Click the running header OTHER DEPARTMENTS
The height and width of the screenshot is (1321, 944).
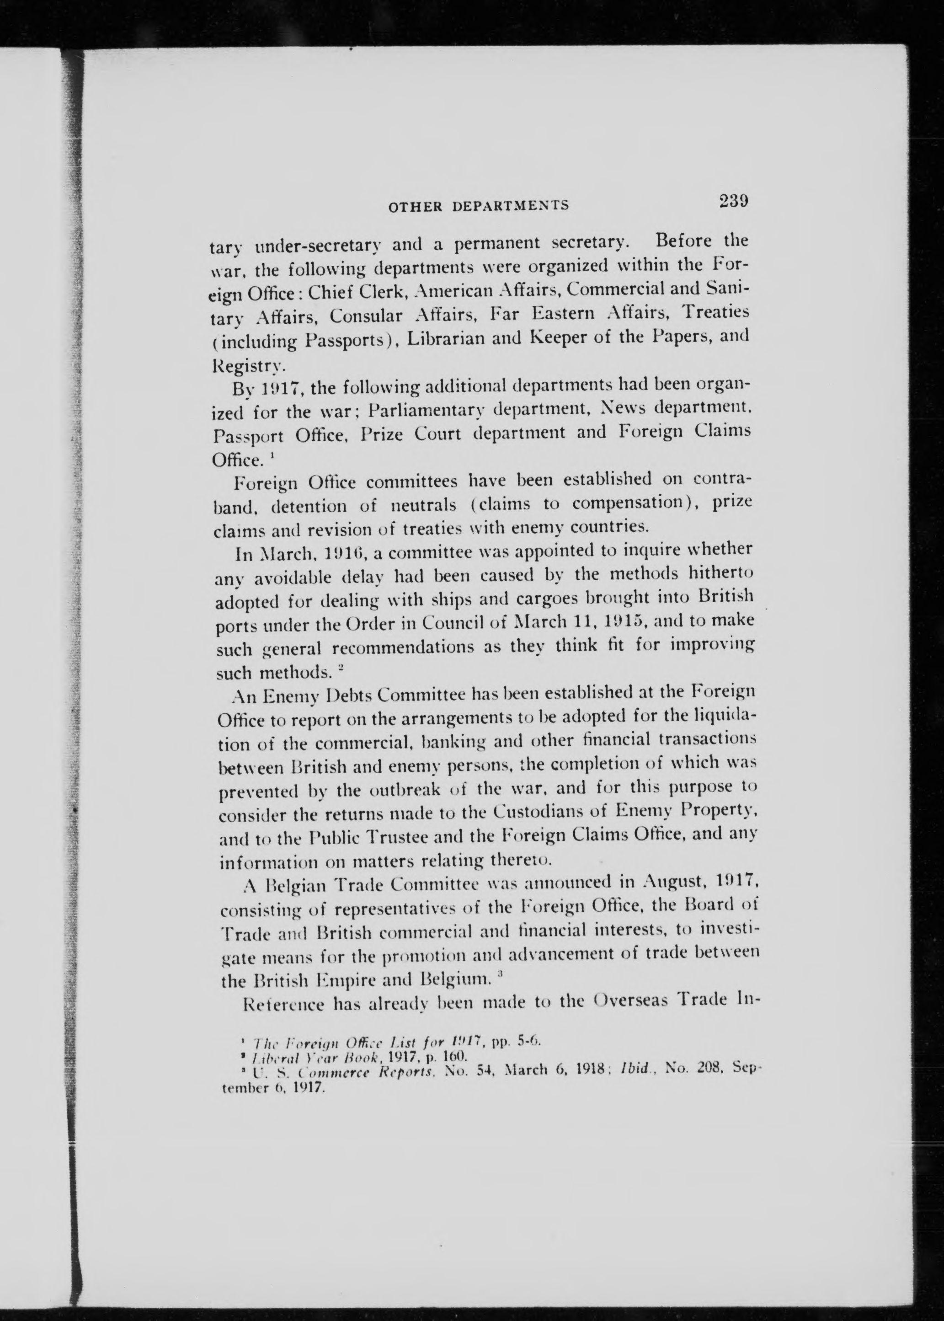coord(478,205)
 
